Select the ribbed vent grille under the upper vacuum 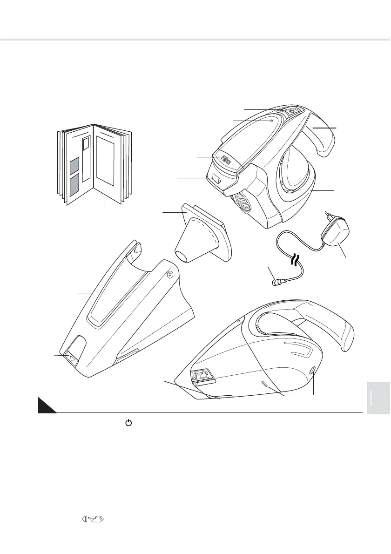click(x=240, y=203)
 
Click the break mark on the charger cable click(x=295, y=259)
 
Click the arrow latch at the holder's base click(x=72, y=358)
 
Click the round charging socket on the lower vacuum click(x=312, y=371)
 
